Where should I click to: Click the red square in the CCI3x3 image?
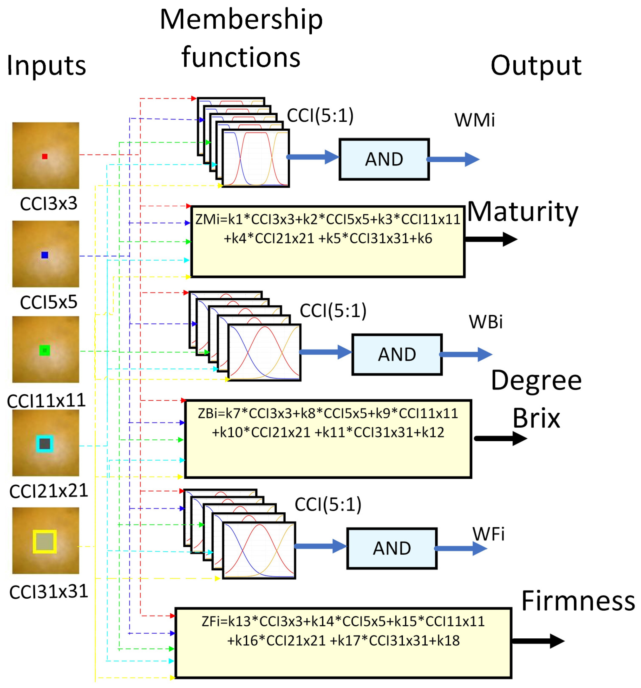[45, 156]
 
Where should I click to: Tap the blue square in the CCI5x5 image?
[45, 255]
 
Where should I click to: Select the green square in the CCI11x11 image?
[45, 350]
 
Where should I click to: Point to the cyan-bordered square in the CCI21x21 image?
[45, 443]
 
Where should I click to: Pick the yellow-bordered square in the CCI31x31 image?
[45, 541]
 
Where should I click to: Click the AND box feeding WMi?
[384, 159]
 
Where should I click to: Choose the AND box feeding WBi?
[396, 354]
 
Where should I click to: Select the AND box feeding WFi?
[391, 548]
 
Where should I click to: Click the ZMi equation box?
[327, 242]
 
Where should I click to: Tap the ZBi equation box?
[328, 439]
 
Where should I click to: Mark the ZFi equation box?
[343, 643]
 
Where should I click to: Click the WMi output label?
[474, 120]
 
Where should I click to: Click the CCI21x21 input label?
[49, 491]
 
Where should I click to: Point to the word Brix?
[536, 418]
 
